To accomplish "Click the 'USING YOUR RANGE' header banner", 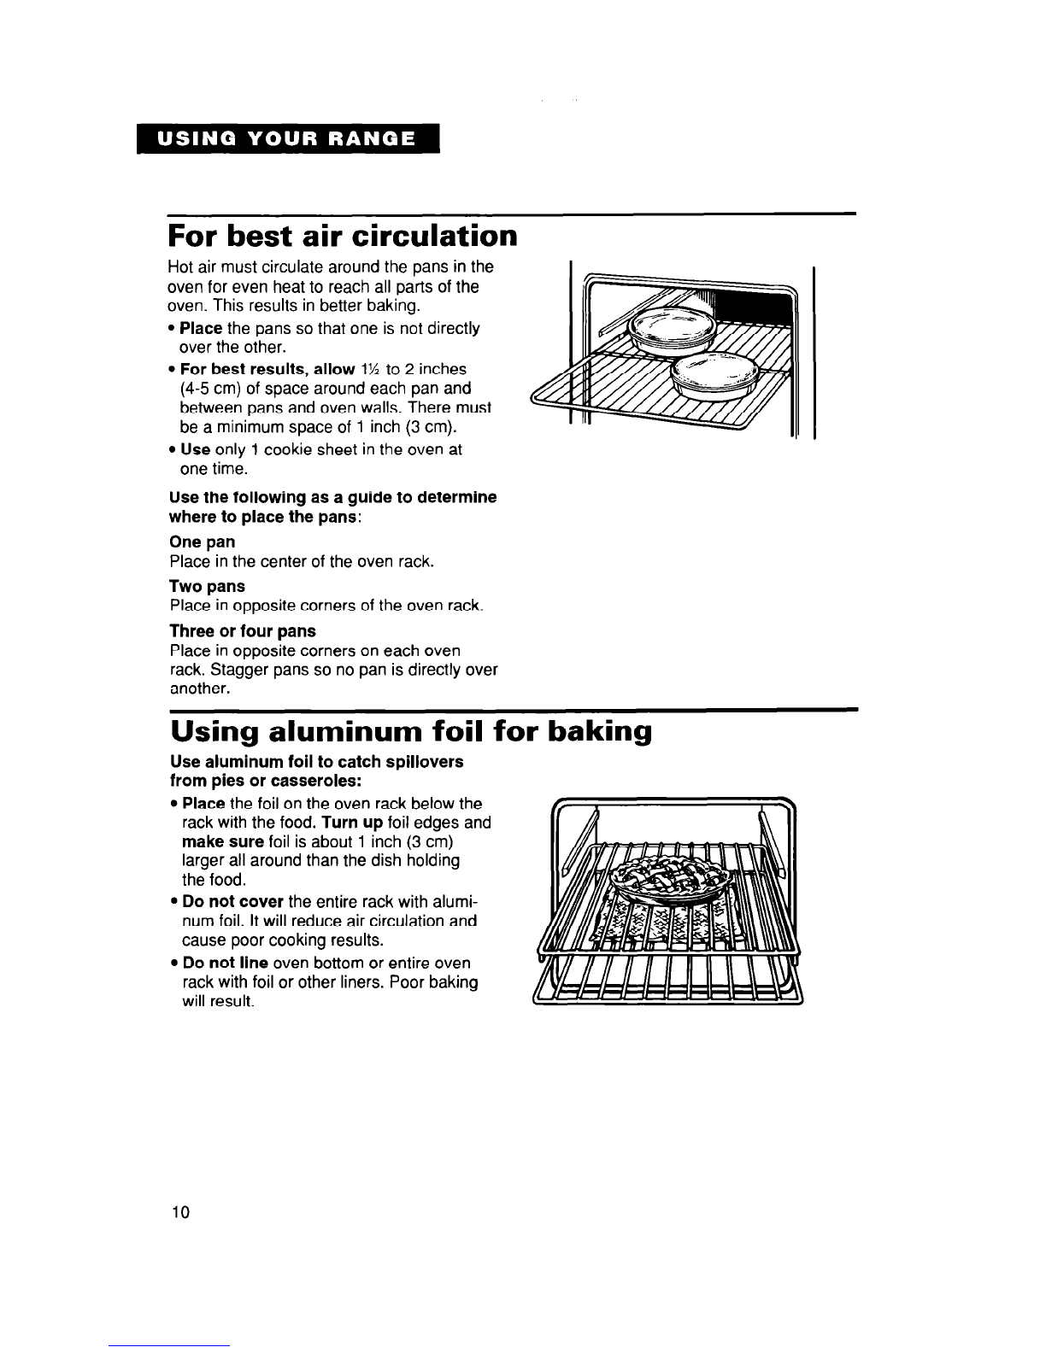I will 285,138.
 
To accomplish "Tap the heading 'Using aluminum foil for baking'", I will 411,732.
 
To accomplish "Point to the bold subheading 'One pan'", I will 203,542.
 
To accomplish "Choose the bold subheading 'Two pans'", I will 208,586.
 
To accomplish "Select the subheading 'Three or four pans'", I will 243,630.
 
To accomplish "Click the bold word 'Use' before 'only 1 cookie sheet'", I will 195,449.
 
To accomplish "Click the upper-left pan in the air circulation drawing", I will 671,328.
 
